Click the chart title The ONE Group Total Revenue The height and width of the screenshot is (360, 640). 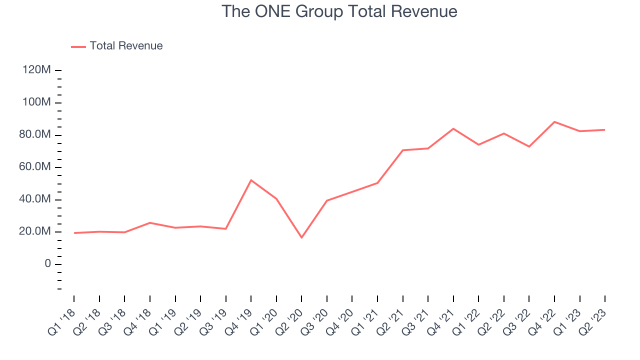coord(339,11)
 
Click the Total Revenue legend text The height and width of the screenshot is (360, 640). coord(126,46)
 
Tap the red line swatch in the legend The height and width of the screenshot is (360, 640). coord(78,46)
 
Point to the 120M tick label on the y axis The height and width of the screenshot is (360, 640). coord(36,70)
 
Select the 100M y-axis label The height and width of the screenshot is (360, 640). coord(36,102)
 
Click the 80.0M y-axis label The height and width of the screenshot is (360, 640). coord(35,135)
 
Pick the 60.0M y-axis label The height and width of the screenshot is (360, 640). coord(35,167)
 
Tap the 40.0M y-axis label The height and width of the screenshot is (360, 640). coord(35,199)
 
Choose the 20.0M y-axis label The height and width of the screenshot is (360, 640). coord(35,231)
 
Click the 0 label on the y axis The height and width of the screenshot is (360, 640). coord(48,264)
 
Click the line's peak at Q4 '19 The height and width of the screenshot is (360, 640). coord(251,180)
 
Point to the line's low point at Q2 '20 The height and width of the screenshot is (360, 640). coord(301,237)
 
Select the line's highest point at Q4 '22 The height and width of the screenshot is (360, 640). coord(554,121)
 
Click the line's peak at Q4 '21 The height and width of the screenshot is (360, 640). coord(453,128)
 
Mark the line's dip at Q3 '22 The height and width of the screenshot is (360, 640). coord(529,146)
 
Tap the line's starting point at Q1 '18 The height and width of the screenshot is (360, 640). coord(74,233)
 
